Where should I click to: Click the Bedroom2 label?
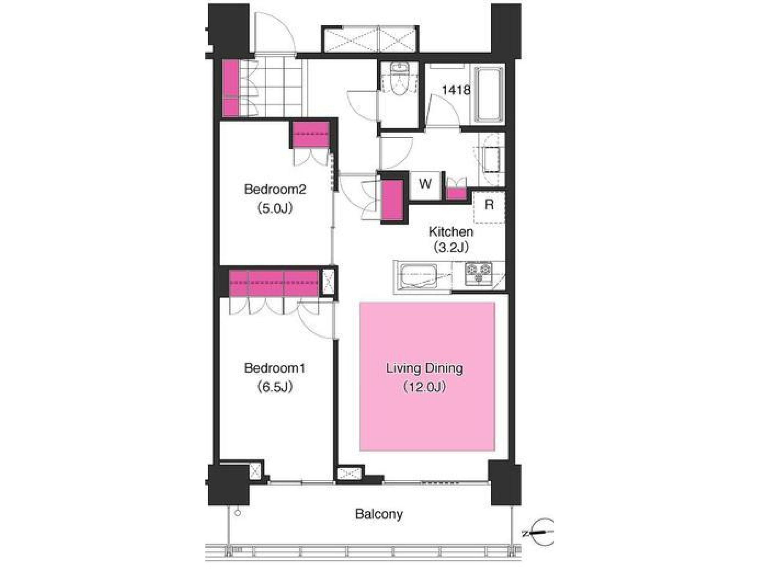275,189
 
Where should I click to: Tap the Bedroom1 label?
275,368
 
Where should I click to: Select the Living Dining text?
424,368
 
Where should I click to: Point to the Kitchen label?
451,232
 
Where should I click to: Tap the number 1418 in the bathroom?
456,90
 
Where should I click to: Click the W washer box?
425,184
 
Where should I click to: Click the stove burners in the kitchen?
478,274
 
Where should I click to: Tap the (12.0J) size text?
425,387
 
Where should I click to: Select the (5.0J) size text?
275,208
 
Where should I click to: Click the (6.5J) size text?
275,387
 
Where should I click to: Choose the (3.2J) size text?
451,247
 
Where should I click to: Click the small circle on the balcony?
237,523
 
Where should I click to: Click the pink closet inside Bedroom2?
311,135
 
